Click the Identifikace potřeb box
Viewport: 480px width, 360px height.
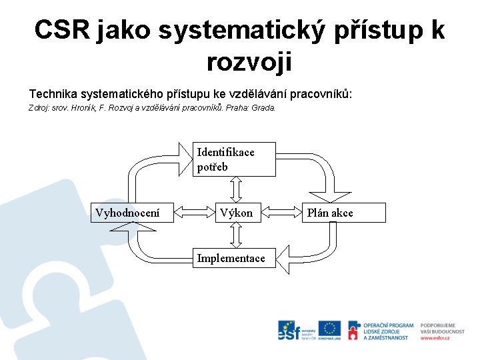coord(234,159)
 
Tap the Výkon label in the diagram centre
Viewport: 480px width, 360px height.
coord(237,213)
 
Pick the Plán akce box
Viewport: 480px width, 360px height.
coord(345,213)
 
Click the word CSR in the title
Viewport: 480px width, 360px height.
coord(63,30)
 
